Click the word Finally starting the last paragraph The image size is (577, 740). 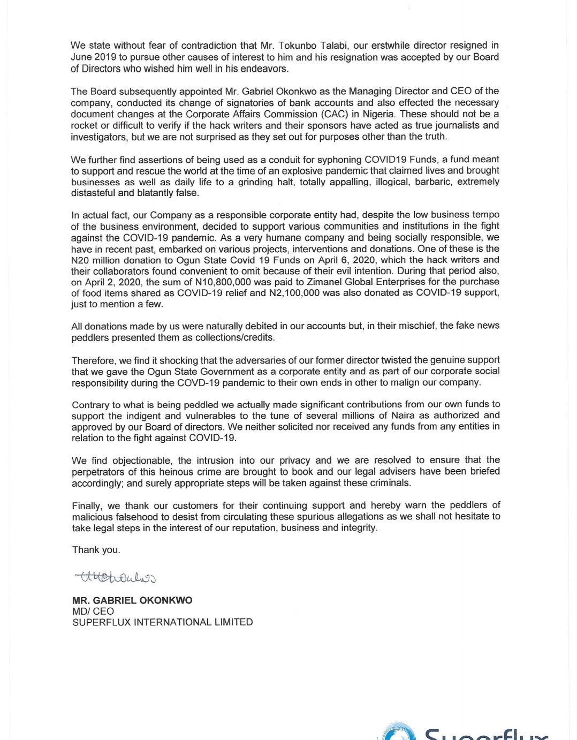click(x=87, y=506)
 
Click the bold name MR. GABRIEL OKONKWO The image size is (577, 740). click(x=132, y=600)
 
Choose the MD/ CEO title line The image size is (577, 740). click(x=93, y=611)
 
